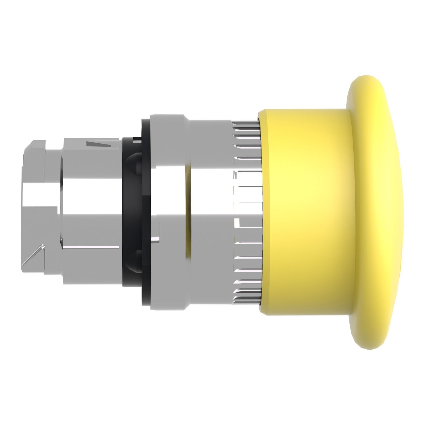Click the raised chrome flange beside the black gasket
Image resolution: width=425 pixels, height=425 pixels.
click(167, 210)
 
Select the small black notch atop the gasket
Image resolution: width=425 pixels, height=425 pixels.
click(136, 139)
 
